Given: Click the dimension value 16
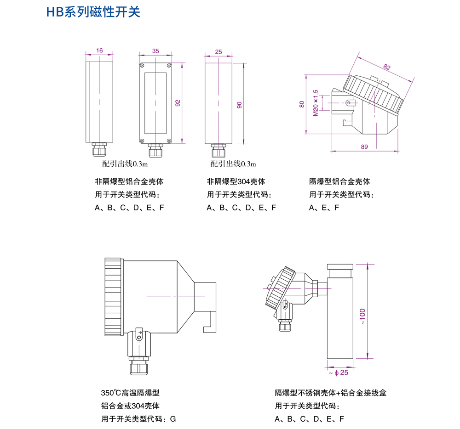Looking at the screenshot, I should (100, 51).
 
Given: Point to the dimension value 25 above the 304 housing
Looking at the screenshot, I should (218, 51).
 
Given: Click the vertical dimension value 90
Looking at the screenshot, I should (239, 105).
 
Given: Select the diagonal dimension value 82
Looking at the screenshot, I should (387, 67).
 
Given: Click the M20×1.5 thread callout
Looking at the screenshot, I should (316, 103).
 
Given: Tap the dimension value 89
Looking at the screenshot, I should (365, 147).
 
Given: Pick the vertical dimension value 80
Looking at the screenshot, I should (302, 104).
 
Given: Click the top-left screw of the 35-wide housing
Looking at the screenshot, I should (143, 65).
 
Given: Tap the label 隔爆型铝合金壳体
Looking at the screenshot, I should (339, 181).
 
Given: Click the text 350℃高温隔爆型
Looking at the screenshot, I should (130, 393).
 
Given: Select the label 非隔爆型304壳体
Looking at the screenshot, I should (236, 181).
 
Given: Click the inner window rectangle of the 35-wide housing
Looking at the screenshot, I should (155, 102).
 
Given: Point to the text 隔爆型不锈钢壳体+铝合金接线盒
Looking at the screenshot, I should (331, 393).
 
